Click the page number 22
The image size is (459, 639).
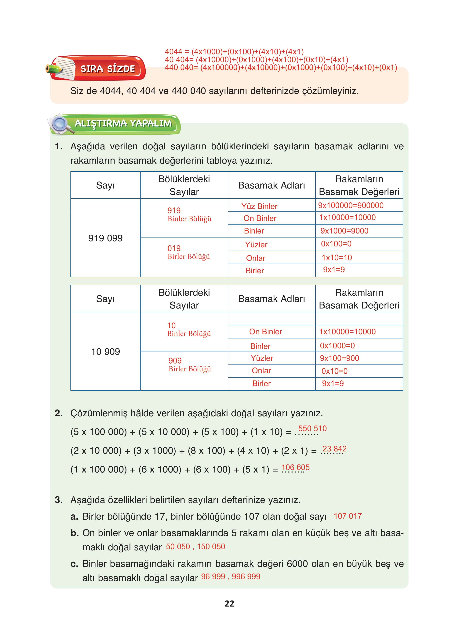coord(229,603)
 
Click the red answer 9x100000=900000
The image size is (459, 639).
coord(351,205)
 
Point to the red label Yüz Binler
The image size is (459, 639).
coord(259,206)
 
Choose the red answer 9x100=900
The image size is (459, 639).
coord(339,358)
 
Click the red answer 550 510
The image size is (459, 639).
coord(312,428)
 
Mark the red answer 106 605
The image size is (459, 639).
coord(296,467)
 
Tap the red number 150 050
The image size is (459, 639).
coord(211,547)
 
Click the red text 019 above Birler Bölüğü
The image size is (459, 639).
coord(174,248)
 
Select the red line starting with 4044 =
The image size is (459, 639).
coord(234,52)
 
